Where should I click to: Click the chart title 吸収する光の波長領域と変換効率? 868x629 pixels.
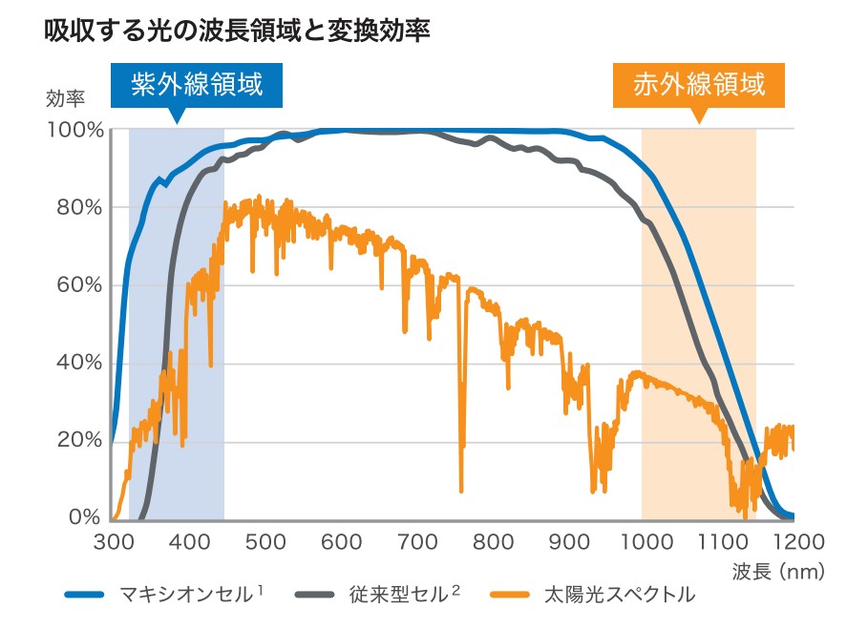coord(237,31)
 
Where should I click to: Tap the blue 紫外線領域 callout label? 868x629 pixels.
coord(196,85)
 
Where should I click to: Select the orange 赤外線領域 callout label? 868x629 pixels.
coord(699,85)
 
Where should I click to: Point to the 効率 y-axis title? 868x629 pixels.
coord(65,98)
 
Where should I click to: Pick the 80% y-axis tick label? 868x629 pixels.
coord(78,207)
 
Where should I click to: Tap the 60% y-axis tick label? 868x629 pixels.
coord(78,285)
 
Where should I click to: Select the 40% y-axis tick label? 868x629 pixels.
coord(78,363)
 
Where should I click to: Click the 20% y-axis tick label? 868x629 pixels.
coord(78,440)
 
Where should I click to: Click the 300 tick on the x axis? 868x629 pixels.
coord(113,543)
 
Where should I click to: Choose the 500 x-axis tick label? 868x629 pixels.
coord(265,543)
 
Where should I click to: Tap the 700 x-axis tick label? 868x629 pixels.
coord(417,543)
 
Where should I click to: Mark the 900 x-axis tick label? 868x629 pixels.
coord(570,543)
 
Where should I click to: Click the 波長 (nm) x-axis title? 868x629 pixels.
coord(777,573)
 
